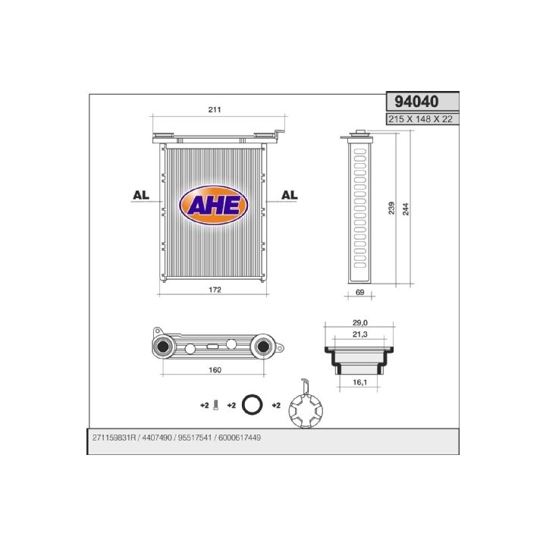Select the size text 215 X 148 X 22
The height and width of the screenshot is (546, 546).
pos(422,120)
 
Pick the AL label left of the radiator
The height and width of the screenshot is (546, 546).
pos(140,195)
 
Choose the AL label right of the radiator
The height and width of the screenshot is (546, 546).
pos(289,195)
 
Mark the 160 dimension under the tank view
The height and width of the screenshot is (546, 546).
pos(214,370)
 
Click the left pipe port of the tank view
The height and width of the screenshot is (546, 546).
pos(162,348)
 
